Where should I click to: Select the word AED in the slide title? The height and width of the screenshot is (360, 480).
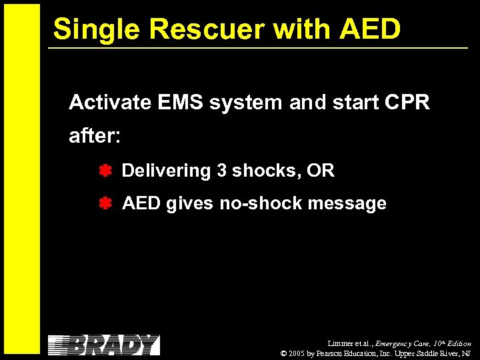coord(369,29)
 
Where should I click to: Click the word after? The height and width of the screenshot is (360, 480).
coord(95,137)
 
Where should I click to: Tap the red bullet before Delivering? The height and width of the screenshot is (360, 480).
coord(105,171)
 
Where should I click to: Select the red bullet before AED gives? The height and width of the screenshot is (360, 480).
coord(105,203)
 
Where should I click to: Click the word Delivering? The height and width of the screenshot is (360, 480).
coord(166,171)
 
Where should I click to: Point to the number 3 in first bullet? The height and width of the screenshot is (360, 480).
coord(221,171)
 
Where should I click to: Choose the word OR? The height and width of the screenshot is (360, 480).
coord(321,171)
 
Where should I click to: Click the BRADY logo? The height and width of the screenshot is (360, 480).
coord(104,345)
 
